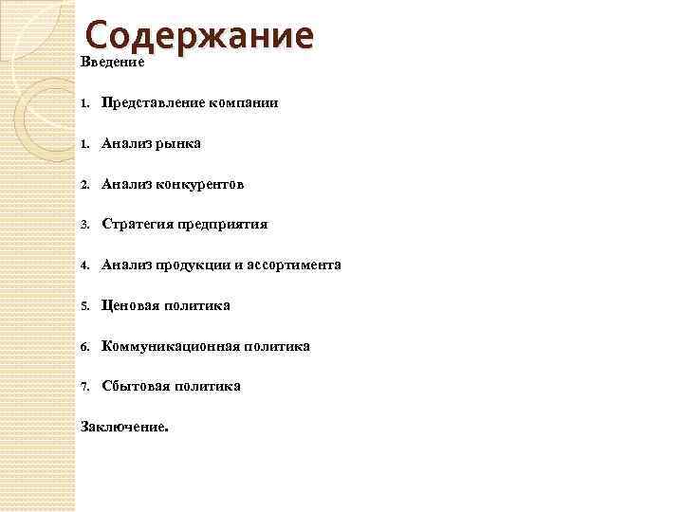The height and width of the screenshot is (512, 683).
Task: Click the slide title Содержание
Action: point(198,37)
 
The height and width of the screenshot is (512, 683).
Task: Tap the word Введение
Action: point(112,63)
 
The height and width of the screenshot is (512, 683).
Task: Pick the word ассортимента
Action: point(296,265)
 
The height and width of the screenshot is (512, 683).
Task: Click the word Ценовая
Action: point(132,306)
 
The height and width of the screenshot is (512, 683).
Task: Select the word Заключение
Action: point(123,427)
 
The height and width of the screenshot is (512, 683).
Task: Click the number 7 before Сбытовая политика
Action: point(84,387)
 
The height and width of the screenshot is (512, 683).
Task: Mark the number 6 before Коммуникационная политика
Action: point(84,347)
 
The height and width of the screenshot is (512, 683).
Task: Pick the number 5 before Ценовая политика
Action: point(84,306)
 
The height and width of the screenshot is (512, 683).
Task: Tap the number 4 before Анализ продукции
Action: point(84,266)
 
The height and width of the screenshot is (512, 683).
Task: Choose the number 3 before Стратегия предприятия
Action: point(84,226)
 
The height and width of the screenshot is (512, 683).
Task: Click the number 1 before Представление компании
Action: point(84,103)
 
